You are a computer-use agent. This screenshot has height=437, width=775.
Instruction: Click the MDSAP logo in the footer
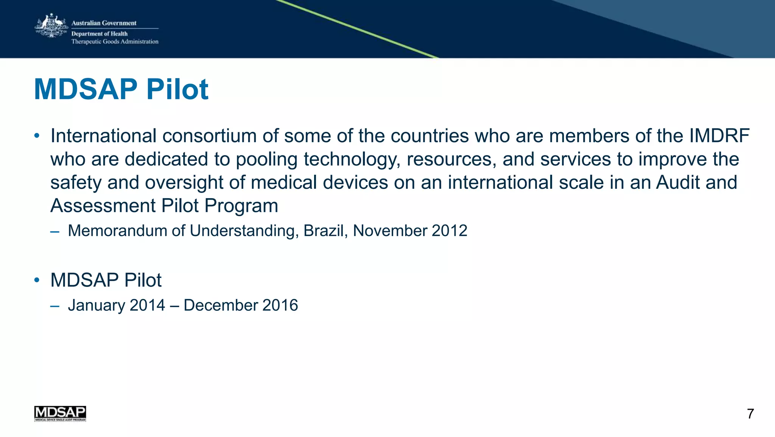pyautogui.click(x=60, y=414)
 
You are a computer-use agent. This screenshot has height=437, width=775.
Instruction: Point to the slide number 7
pyautogui.click(x=750, y=414)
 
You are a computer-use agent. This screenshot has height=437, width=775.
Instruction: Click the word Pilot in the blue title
pyautogui.click(x=177, y=89)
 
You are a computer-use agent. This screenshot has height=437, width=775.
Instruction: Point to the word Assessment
pyautogui.click(x=103, y=206)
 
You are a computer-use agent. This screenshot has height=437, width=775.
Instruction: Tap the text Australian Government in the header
pyautogui.click(x=104, y=23)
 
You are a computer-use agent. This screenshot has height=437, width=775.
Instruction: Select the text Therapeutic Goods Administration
pyautogui.click(x=115, y=42)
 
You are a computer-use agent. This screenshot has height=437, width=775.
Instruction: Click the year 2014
pyautogui.click(x=147, y=305)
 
